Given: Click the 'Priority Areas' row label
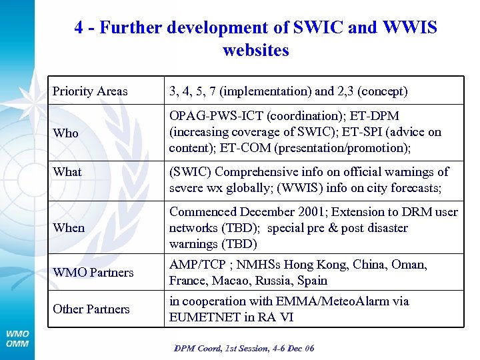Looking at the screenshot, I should (x=90, y=91).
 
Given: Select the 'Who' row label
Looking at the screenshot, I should (x=65, y=133).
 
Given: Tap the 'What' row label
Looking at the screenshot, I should (x=67, y=171).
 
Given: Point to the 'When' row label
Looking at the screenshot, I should (x=69, y=227).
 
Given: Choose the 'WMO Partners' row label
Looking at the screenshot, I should (x=93, y=272).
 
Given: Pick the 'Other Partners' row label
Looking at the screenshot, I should (x=91, y=309).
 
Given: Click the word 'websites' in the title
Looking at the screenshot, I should (x=256, y=50).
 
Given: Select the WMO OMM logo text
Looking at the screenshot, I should (x=18, y=339).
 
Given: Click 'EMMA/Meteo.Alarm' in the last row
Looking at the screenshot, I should (x=325, y=301).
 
